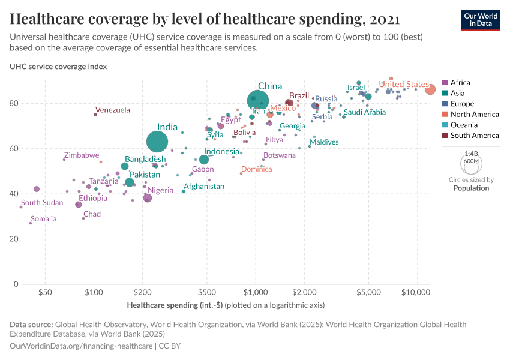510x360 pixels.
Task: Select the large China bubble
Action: pyautogui.click(x=258, y=100)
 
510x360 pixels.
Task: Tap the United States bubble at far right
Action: pyautogui.click(x=430, y=89)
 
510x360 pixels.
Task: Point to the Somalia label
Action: pyautogui.click(x=43, y=219)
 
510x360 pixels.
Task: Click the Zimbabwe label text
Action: pyautogui.click(x=82, y=155)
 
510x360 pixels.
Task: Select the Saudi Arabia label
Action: pyautogui.click(x=364, y=112)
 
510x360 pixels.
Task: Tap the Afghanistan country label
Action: pyautogui.click(x=203, y=187)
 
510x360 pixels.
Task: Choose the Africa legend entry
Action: pyautogui.click(x=460, y=83)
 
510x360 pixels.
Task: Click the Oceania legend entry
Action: pyautogui.click(x=464, y=125)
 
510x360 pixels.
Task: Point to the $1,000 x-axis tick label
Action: pyautogui.click(x=256, y=292)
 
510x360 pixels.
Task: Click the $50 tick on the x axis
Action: pyautogui.click(x=45, y=292)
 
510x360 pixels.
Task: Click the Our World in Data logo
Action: pyautogui.click(x=481, y=19)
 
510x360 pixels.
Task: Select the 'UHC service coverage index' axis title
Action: pyautogui.click(x=58, y=67)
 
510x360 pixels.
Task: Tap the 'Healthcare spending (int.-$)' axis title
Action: pyautogui.click(x=175, y=305)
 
